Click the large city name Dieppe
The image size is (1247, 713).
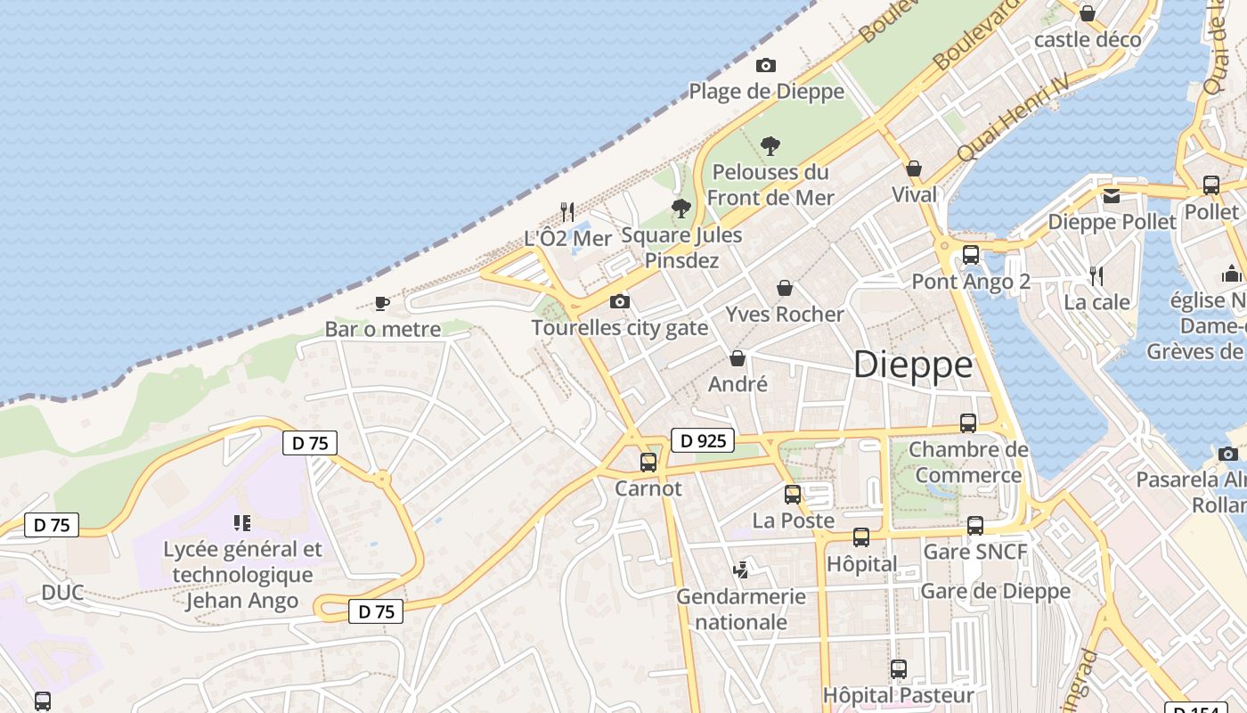pyautogui.click(x=913, y=365)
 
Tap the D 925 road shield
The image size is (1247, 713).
pyautogui.click(x=703, y=439)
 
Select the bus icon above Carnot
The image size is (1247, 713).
pyautogui.click(x=648, y=463)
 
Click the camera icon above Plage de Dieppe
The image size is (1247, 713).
pyautogui.click(x=765, y=65)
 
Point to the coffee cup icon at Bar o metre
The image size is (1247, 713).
pyautogui.click(x=382, y=304)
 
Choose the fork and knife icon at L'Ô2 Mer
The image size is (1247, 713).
pyautogui.click(x=567, y=211)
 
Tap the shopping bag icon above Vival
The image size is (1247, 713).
pyautogui.click(x=914, y=168)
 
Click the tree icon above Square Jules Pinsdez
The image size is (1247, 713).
pyautogui.click(x=681, y=209)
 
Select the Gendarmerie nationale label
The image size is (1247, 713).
pyautogui.click(x=741, y=609)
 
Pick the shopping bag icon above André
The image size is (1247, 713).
pyautogui.click(x=738, y=358)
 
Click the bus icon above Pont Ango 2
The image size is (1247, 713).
pyautogui.click(x=971, y=255)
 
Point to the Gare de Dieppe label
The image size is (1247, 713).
pyautogui.click(x=995, y=591)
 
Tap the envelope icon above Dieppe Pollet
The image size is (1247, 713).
pyautogui.click(x=1112, y=195)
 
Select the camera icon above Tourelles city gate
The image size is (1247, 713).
pyautogui.click(x=620, y=302)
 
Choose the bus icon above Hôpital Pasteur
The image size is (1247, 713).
pyautogui.click(x=899, y=668)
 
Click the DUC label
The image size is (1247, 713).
pyautogui.click(x=62, y=593)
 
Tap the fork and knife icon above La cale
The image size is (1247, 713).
pyautogui.click(x=1096, y=276)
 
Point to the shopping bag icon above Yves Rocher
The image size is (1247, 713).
pyautogui.click(x=785, y=288)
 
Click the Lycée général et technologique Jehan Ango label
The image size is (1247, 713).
pyautogui.click(x=242, y=575)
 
